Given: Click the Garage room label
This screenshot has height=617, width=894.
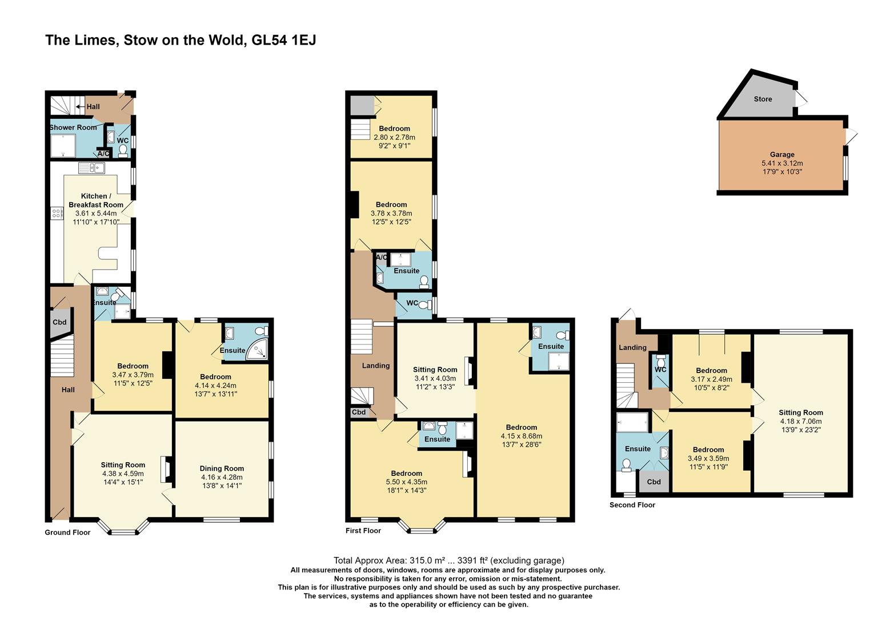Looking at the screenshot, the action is pos(782,154).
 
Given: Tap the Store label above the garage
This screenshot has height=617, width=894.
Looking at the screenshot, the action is pos(763,99).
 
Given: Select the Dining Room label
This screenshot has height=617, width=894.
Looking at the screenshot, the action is pos(222,468).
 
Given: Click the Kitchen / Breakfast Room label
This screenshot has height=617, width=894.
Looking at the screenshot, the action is pos(96,201).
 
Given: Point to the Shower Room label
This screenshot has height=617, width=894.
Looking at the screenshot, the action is pos(73,127).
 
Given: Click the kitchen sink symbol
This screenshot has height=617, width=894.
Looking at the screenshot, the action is pos(91,168).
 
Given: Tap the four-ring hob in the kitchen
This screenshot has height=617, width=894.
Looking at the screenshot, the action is pos(57,213).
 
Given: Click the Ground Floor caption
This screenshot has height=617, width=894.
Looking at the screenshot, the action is pos(67,532).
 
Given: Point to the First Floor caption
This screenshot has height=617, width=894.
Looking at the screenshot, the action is pos(363,530).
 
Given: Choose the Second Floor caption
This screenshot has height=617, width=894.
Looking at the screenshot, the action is pos(632,505).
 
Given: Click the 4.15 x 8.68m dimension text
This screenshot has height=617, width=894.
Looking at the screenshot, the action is pos(521,436).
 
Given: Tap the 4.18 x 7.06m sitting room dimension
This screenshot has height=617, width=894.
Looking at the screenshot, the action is pos(801,421).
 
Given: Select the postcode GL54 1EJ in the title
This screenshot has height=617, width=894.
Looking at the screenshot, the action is pos(283,41).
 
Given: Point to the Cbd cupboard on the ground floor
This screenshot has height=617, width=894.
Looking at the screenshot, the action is pos(59,322).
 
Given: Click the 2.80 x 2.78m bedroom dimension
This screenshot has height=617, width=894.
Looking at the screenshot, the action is pos(394,137).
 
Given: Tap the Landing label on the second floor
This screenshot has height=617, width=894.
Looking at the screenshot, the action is pos(632,347).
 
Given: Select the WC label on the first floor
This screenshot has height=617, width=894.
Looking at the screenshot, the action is pos(412,303).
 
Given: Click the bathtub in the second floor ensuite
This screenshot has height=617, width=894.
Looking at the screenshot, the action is pos(632,422).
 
